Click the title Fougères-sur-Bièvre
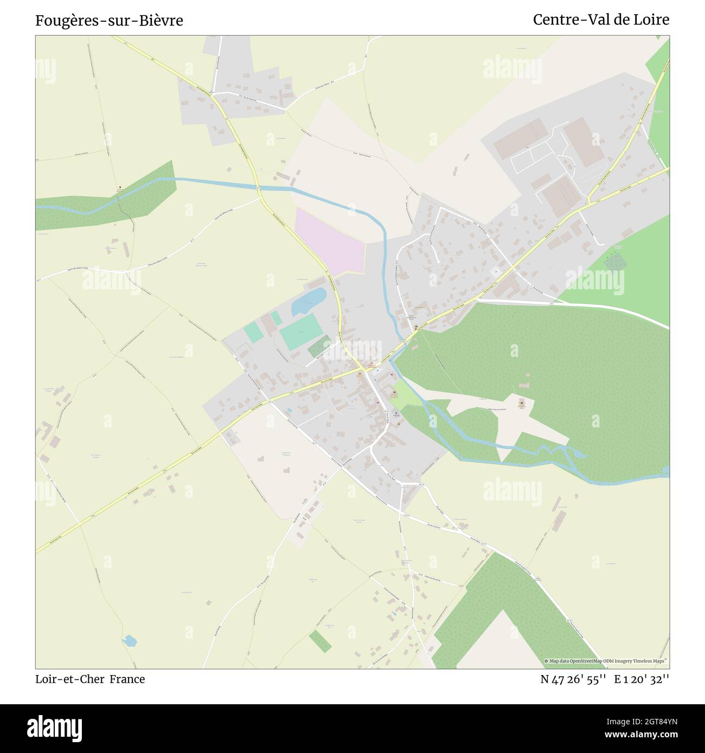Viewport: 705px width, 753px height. [109, 21]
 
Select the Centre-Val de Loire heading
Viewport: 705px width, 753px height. [601, 20]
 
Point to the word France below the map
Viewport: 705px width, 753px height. [127, 679]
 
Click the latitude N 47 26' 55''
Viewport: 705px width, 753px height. [573, 679]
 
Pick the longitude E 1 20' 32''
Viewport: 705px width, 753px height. [642, 679]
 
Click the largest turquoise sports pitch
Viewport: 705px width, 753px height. [300, 332]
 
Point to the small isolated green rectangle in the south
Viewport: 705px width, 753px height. [320, 641]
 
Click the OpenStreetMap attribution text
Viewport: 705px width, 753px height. [606, 661]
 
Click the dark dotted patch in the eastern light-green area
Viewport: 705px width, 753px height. [614, 262]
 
